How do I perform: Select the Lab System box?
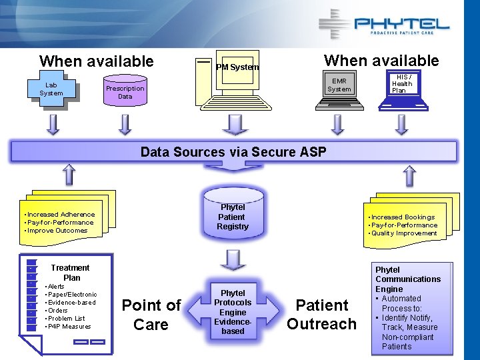tap(51, 89)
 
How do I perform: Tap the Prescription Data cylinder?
tap(125, 92)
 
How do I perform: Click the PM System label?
tap(237, 67)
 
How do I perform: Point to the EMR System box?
tap(339, 85)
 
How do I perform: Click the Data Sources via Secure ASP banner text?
tap(233, 152)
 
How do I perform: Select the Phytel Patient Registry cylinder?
tap(232, 217)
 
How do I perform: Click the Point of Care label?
tap(151, 315)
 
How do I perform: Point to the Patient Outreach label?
tap(322, 315)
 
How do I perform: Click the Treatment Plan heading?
tap(71, 272)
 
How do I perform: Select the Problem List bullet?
tap(66, 319)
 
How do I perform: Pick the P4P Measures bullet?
tap(69, 327)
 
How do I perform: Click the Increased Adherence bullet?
tap(61, 215)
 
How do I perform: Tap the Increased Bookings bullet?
tap(403, 217)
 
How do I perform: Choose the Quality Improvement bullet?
tap(404, 233)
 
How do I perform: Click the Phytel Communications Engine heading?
tap(407, 279)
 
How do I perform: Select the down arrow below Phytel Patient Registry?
tap(233, 260)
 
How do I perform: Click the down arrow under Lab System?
tap(53, 123)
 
